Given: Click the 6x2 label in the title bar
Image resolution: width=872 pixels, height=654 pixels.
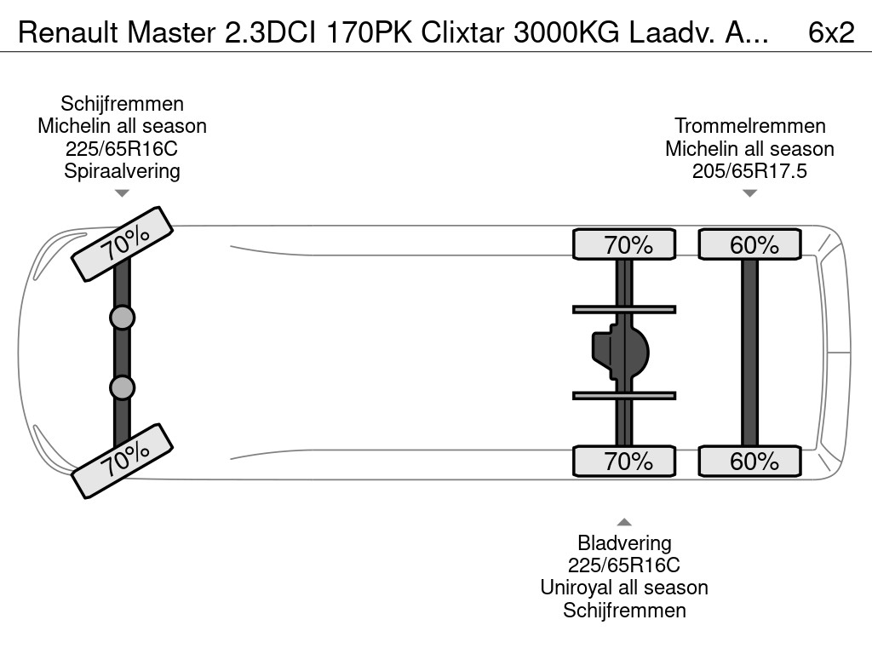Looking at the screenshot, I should point(831,32).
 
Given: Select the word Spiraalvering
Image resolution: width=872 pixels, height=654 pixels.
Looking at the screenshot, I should point(122,170).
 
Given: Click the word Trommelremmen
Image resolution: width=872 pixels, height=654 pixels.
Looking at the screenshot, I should point(749,126).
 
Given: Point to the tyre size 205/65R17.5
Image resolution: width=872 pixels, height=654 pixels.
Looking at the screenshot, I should point(749,170).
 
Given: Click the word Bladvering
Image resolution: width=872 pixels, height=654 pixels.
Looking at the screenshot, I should point(624,542).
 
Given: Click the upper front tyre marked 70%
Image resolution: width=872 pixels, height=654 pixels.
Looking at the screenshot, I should point(123,243).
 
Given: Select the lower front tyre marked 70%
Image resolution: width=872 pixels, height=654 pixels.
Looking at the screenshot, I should point(123,460).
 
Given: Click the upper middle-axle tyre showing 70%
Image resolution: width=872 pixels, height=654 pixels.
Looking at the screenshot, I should point(624,244).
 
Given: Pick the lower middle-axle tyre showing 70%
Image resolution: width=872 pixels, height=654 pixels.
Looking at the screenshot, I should point(624,461).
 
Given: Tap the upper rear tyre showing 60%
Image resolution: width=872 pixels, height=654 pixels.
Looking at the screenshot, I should point(750,244).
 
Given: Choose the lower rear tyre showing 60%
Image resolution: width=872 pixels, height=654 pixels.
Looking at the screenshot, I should point(750,461).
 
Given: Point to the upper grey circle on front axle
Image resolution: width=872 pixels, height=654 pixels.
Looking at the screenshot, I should point(123,318).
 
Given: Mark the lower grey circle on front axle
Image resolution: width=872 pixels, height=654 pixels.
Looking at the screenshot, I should point(123,387).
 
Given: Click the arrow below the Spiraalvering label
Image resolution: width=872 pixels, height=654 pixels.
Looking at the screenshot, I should point(122,193).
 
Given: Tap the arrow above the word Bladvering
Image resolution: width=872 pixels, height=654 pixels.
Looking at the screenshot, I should point(624,522).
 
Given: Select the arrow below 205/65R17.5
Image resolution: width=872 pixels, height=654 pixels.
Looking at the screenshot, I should point(749,193).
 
